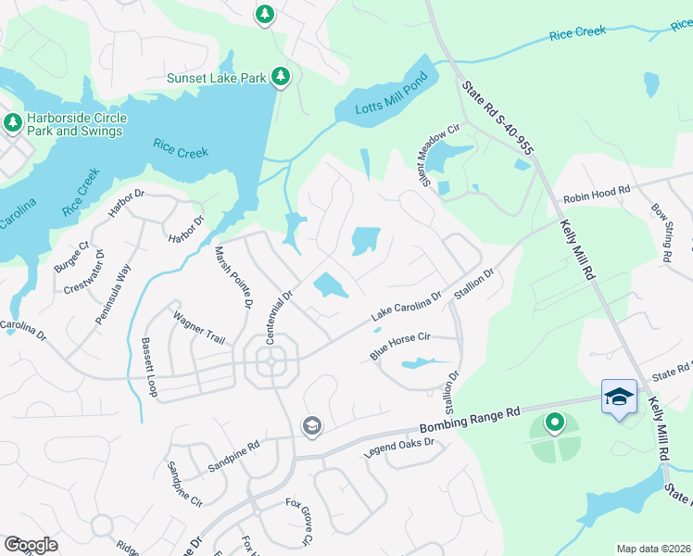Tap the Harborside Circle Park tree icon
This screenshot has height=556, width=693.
[13, 122]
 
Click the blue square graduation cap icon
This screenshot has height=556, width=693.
[619, 398]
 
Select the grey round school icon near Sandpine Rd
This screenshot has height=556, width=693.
[312, 425]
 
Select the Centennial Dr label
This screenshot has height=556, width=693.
[279, 318]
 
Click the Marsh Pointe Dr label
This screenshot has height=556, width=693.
[234, 277]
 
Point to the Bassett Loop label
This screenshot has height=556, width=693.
[149, 368]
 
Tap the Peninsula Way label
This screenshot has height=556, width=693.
[114, 294]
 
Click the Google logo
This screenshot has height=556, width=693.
[31, 544]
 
